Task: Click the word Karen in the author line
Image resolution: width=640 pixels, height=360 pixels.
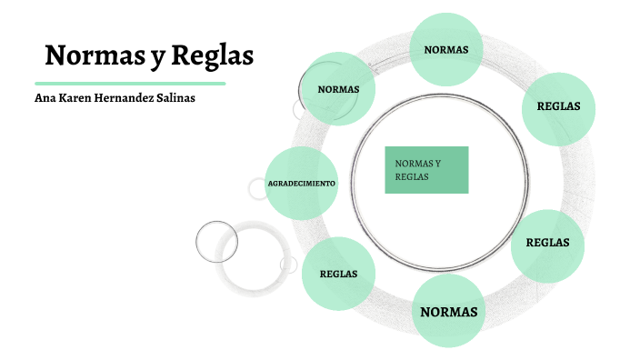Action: [x=76, y=98]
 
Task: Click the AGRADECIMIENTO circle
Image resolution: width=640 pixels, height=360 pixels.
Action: [x=301, y=183]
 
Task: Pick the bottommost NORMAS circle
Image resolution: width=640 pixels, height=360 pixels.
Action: [x=448, y=312]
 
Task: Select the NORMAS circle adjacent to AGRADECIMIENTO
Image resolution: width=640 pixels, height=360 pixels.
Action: [x=337, y=89]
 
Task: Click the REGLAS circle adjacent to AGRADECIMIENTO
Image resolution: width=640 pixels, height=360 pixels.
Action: [x=337, y=273]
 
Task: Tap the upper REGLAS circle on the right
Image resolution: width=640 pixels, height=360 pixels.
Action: [x=558, y=106]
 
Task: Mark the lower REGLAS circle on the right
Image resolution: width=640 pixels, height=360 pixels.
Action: [x=547, y=243]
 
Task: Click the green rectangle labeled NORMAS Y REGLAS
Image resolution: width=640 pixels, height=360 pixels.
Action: [x=426, y=170]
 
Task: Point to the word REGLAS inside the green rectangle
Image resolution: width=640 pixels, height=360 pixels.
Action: [x=412, y=176]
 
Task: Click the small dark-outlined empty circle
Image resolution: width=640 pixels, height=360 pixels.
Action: [x=216, y=241]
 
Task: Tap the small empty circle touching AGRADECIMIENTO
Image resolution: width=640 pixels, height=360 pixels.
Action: [x=258, y=188]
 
